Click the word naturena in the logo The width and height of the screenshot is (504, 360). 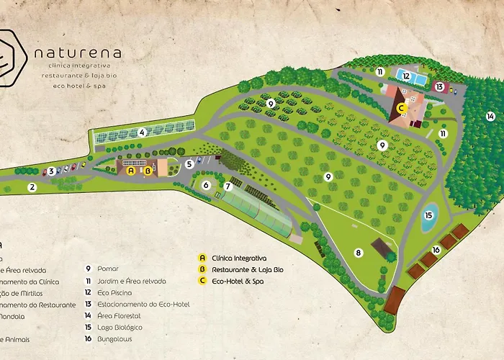point(78,53)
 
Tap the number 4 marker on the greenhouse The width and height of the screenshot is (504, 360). point(143,132)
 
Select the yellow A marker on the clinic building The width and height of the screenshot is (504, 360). point(130,171)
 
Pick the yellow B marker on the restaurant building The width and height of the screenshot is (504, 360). point(148,171)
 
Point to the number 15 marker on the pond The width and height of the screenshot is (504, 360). point(428,215)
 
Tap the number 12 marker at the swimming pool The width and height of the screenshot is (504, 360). point(406,76)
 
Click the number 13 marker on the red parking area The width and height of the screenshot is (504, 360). point(439,86)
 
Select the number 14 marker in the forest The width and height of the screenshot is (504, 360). point(490,116)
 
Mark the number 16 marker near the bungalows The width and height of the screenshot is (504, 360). point(436,250)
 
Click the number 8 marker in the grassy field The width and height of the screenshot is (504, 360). point(358,252)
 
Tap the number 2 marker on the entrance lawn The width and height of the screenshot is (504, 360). point(32,187)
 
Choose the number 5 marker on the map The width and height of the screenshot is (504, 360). point(189,164)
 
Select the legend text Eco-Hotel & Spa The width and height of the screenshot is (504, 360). point(238,281)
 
